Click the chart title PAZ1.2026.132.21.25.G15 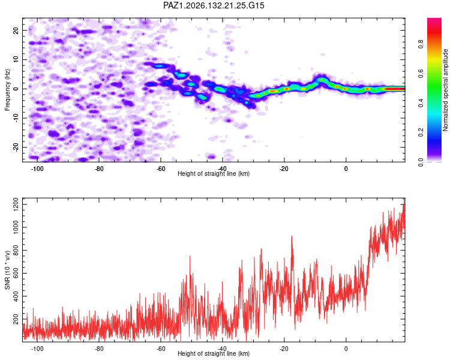(214, 5)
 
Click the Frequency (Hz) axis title (7, 90)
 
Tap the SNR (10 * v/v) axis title (7, 270)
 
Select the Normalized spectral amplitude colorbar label (445, 90)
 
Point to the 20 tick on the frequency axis (16, 30)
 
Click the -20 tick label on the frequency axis (16, 147)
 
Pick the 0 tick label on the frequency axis (16, 89)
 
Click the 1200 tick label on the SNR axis (16, 205)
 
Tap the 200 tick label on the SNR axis (16, 319)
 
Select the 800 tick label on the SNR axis (16, 250)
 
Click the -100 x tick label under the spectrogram (37, 169)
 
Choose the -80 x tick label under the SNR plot (99, 349)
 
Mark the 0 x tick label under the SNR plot (346, 349)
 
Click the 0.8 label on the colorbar (421, 44)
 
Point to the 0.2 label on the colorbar (421, 133)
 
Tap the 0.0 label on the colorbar (421, 162)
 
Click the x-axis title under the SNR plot (214, 353)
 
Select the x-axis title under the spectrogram (214, 173)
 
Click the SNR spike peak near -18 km (292, 236)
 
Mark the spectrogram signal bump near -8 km (322, 79)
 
